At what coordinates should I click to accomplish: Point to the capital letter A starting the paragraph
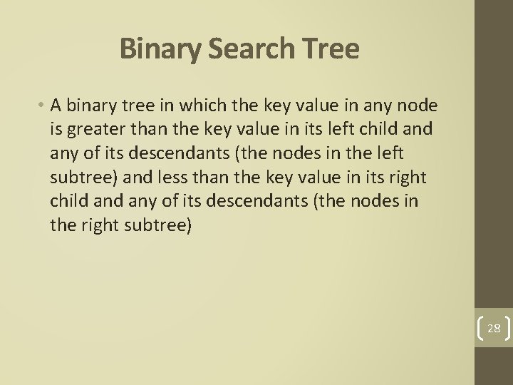(56, 106)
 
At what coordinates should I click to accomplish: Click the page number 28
(493, 329)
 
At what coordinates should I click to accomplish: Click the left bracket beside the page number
(478, 329)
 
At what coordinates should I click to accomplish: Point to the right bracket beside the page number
(507, 329)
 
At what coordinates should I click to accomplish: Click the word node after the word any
(421, 106)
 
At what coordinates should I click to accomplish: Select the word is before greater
(57, 130)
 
